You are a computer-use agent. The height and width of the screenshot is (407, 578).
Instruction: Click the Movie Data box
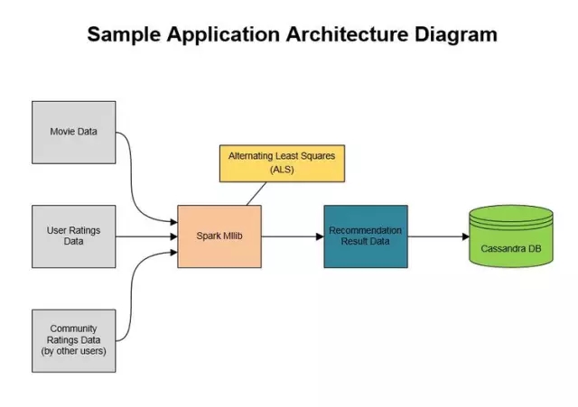(x=74, y=133)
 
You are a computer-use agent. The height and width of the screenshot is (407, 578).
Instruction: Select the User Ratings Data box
(x=74, y=236)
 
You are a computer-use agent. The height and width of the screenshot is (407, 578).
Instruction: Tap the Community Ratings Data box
(x=74, y=339)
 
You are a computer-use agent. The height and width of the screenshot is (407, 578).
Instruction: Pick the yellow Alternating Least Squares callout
(x=282, y=162)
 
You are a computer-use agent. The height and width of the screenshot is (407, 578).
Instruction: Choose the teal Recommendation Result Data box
(x=365, y=236)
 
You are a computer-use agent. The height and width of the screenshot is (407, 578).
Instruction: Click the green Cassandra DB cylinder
(x=510, y=236)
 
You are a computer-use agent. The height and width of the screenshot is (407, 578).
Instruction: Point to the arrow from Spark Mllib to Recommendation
(x=291, y=236)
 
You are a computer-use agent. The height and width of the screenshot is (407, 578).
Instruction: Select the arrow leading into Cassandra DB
(x=437, y=236)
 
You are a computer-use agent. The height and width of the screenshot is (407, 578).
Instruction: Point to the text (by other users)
(x=74, y=351)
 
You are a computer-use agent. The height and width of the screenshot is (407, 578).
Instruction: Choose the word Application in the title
(x=223, y=35)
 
